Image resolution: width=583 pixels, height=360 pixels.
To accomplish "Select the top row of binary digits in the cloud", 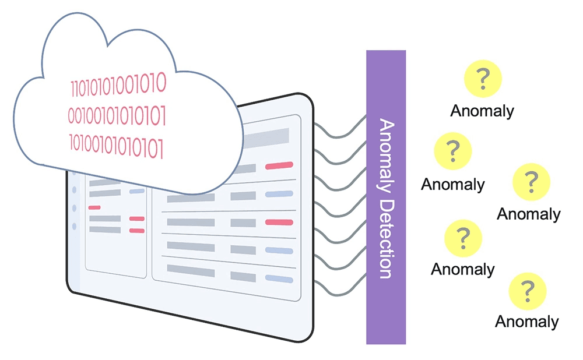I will pyautogui.click(x=118, y=84).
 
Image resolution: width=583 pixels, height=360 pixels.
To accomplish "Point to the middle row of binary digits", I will pyautogui.click(x=117, y=115).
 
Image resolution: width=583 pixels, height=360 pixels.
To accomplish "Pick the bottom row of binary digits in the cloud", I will pyautogui.click(x=117, y=146).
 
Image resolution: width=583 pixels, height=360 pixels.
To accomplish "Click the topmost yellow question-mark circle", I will pyautogui.click(x=482, y=78).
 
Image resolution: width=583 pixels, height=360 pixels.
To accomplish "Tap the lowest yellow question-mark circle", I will pyautogui.click(x=528, y=290).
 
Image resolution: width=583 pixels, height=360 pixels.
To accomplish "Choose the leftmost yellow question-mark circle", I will pyautogui.click(x=452, y=151).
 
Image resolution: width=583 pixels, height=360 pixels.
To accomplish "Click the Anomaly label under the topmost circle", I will pyautogui.click(x=482, y=111).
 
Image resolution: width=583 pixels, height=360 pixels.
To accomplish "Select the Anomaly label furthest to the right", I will pyautogui.click(x=529, y=214).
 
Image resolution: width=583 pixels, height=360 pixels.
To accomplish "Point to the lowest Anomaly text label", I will pyautogui.click(x=527, y=321).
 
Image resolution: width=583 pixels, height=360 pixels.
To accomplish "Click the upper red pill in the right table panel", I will pyautogui.click(x=279, y=167).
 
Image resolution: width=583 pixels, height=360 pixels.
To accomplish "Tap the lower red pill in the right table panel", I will pyautogui.click(x=279, y=222).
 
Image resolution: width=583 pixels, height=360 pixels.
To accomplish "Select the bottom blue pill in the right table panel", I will pyautogui.click(x=279, y=278).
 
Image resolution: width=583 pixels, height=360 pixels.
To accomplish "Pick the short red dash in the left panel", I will pyautogui.click(x=94, y=207).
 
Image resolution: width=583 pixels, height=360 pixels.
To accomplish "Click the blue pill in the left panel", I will pyautogui.click(x=137, y=191).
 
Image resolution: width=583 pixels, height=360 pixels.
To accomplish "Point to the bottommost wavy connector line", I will pyautogui.click(x=338, y=289).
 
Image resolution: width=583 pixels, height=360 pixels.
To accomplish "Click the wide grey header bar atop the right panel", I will pyautogui.click(x=265, y=137).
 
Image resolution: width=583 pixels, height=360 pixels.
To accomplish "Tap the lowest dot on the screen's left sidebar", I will pyautogui.click(x=74, y=226).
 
